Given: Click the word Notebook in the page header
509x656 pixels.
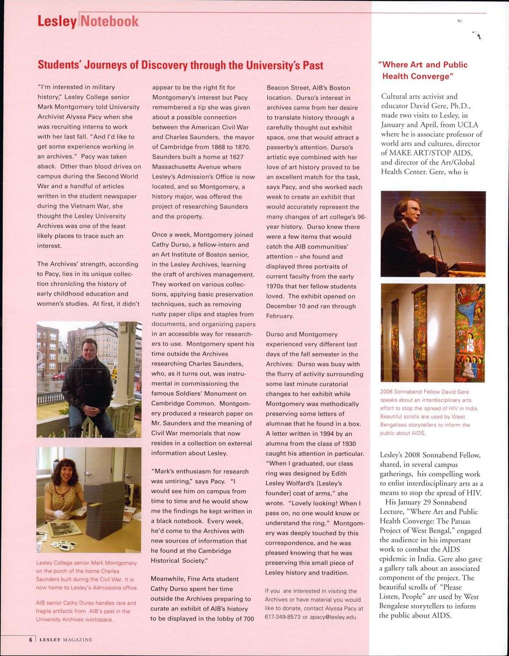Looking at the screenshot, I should [110, 21].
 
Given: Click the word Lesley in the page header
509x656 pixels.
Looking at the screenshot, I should [57, 21].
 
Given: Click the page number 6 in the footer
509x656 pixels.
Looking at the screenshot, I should [31, 639].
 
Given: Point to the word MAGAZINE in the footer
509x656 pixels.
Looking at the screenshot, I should [78, 640].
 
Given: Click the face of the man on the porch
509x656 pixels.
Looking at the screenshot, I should [90, 350].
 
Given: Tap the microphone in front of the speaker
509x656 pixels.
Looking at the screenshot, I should [430, 232].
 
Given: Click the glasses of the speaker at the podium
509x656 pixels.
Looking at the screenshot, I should [414, 211].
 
